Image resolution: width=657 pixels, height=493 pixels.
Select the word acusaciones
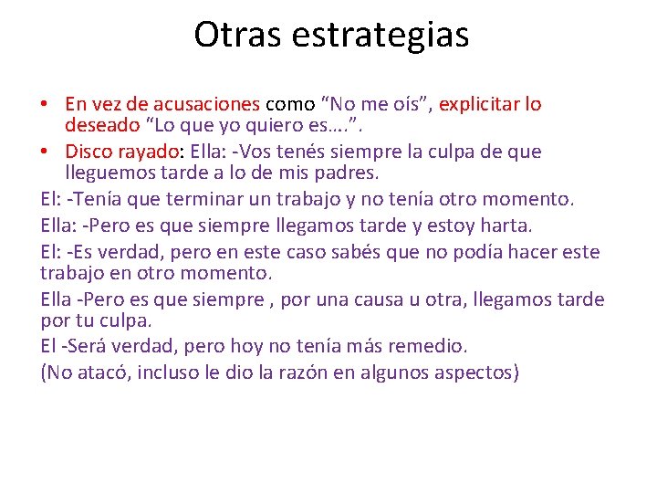(x=206, y=104)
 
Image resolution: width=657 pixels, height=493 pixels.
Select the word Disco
(x=89, y=152)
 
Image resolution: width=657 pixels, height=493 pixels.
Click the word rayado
(x=149, y=152)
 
